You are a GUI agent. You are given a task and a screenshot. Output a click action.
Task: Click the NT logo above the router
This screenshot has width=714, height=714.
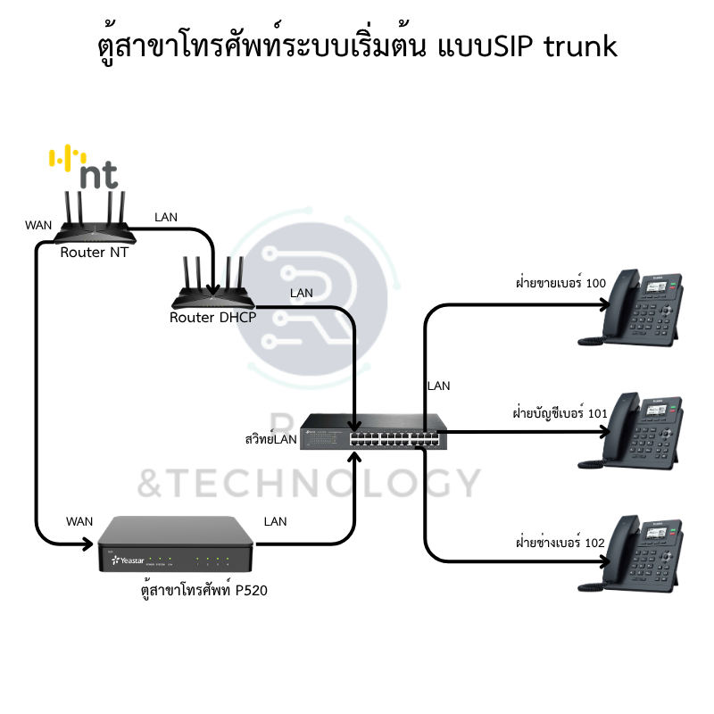pyautogui.click(x=86, y=168)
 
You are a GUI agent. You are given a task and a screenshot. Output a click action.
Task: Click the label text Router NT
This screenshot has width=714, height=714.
pyautogui.click(x=94, y=253)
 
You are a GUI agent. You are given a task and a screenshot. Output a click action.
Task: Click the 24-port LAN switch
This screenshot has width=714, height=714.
pyautogui.click(x=368, y=433)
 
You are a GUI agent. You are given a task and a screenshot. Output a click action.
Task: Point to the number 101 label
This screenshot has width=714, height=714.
pyautogui.click(x=597, y=413)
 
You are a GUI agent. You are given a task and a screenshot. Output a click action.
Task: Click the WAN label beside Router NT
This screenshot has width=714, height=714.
pyautogui.click(x=38, y=227)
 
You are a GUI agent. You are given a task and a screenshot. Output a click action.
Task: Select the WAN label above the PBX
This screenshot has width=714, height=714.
pyautogui.click(x=80, y=520)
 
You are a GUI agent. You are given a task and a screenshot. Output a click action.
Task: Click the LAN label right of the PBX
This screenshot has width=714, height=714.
pyautogui.click(x=276, y=521)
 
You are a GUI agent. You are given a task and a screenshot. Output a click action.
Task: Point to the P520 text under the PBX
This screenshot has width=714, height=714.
pyautogui.click(x=252, y=590)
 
